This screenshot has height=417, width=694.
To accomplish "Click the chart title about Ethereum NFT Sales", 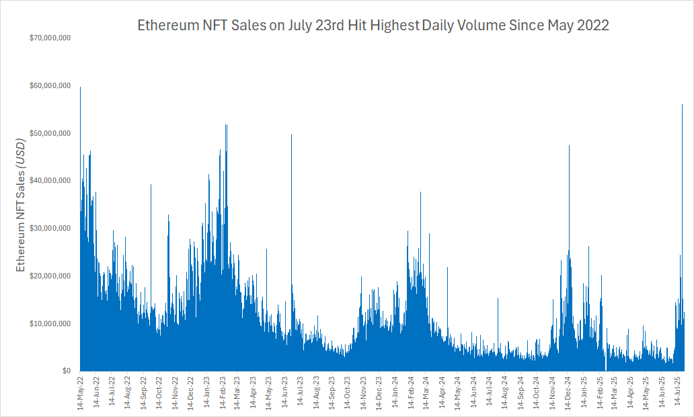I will coord(373,26).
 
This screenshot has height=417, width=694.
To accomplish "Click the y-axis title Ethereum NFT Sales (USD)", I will coord(20,202).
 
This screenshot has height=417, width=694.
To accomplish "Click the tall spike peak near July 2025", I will coord(682,106).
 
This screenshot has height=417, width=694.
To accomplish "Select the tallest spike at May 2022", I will coord(81,87).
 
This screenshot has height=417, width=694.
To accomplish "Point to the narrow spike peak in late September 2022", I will coord(151,185).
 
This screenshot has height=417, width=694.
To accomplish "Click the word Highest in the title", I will coord(395,26).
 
